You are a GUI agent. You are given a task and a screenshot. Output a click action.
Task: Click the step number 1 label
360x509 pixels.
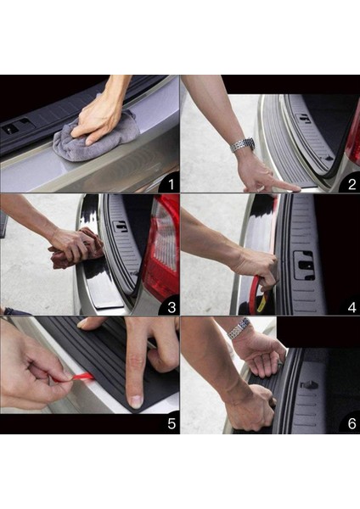click(172, 185)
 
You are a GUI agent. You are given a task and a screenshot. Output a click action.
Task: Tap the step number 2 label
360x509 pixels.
click(352, 184)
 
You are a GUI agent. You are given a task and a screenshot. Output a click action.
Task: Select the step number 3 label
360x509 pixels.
click(172, 307)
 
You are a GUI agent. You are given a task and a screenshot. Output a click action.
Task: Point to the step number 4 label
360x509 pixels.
click(352, 307)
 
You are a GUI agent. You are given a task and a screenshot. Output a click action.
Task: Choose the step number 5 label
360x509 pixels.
click(172, 423)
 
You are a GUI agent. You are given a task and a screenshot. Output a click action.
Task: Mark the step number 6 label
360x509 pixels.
click(352, 423)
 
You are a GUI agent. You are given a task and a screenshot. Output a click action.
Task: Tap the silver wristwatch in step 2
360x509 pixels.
click(242, 144)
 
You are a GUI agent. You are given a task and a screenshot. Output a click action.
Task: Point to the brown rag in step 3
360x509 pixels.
click(78, 249)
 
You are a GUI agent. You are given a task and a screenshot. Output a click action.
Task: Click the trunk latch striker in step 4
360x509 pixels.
click(304, 266)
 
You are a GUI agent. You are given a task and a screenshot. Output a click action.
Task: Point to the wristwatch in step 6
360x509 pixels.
click(239, 327)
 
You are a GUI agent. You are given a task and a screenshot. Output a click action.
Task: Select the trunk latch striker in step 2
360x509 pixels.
click(305, 119)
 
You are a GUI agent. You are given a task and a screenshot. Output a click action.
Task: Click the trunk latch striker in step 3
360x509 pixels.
click(120, 227)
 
